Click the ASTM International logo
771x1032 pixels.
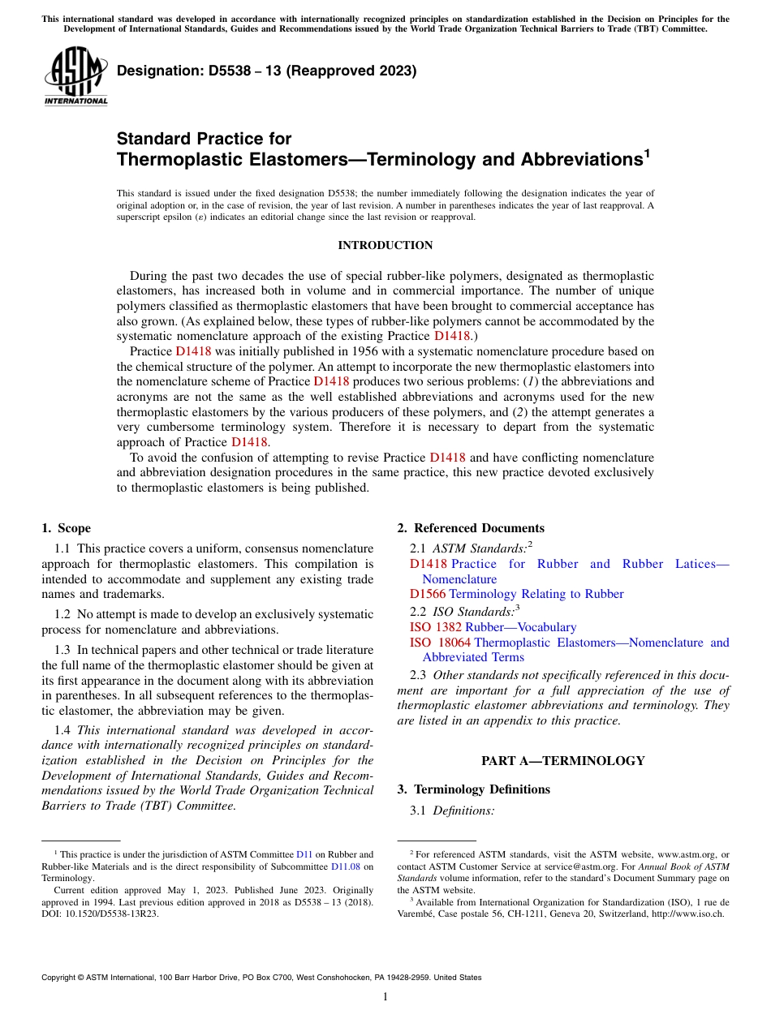75,76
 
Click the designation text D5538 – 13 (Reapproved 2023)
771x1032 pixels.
266,71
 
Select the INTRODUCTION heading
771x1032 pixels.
385,245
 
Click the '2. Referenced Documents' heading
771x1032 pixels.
471,528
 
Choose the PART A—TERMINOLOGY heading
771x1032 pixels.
562,760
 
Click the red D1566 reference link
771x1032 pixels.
428,594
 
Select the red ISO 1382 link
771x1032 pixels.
436,627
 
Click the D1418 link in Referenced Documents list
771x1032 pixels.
428,564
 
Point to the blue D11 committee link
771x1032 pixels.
304,854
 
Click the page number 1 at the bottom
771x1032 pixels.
385,997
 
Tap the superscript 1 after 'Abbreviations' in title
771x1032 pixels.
646,152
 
